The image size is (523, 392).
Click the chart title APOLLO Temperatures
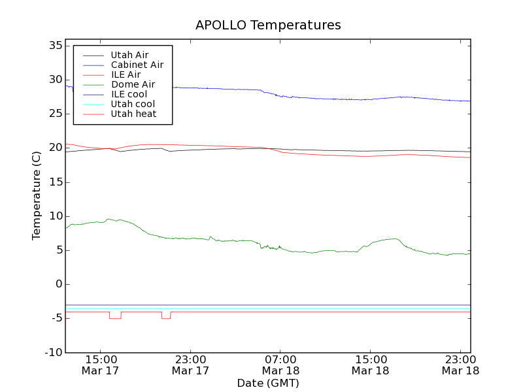268,25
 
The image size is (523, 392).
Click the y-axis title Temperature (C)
37,195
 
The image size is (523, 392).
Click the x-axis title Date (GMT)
268,383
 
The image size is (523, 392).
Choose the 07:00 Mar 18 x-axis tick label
280,365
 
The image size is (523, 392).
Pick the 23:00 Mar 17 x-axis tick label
190,365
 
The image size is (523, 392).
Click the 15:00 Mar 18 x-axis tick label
371,365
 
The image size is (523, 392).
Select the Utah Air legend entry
129,55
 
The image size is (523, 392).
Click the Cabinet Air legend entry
137,65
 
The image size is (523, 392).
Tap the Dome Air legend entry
133,84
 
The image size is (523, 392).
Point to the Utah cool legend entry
133,104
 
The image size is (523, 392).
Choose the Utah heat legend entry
133,114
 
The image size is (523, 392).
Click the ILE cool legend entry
129,94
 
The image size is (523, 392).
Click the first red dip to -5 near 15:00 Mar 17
115,318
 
